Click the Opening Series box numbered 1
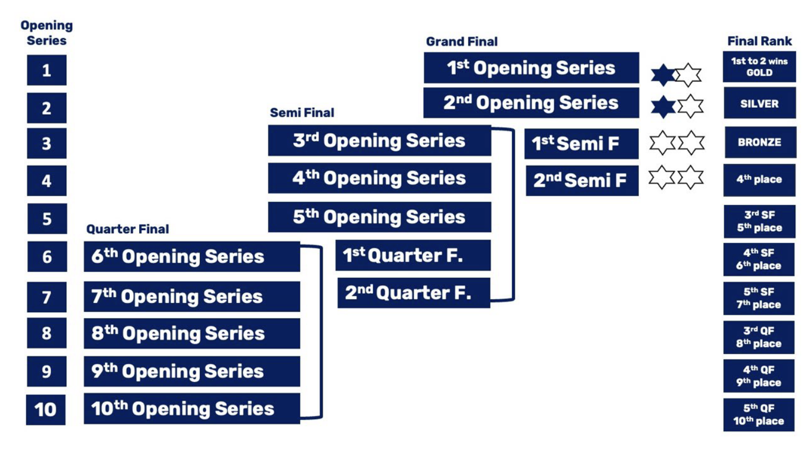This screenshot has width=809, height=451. [47, 70]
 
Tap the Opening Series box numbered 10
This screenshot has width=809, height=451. [46, 409]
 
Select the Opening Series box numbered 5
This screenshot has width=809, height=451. [47, 218]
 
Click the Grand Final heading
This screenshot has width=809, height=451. [462, 41]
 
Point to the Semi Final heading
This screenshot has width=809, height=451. [302, 112]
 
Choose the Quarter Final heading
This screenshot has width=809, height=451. [128, 229]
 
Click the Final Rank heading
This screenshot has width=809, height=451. [759, 41]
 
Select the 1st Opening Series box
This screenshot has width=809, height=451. [531, 68]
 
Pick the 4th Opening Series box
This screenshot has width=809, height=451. [379, 178]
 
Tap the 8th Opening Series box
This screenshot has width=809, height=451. [192, 333]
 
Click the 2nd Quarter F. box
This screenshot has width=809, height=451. [413, 293]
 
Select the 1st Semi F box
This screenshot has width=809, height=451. [581, 143]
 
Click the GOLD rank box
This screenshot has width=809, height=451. [759, 67]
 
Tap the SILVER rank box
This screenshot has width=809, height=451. [759, 104]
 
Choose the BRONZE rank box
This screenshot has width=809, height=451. [760, 142]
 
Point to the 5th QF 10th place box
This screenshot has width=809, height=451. [759, 415]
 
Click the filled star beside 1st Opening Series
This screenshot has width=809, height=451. [662, 75]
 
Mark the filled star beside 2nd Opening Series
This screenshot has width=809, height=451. [662, 107]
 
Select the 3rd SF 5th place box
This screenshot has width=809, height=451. [759, 221]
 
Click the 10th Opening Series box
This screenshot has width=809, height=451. [192, 409]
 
